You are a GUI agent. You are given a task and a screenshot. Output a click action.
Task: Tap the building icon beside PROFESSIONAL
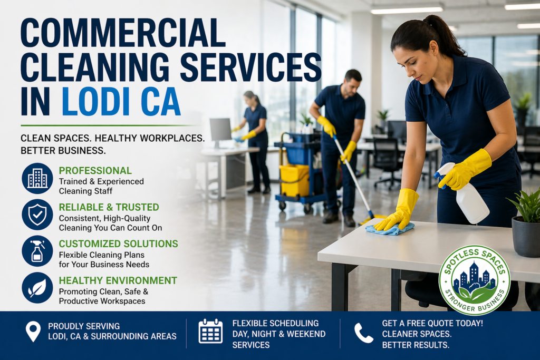coord(37,178)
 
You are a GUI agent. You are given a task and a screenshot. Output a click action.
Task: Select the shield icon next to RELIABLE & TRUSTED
coord(37,215)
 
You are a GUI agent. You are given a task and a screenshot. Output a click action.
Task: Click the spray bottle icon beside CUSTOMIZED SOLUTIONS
coord(37,251)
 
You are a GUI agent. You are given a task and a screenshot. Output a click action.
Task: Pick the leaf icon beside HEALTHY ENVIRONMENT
coord(37,287)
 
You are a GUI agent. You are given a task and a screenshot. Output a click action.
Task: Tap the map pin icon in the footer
coord(33,331)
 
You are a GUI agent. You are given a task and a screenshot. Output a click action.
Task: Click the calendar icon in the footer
coord(210,331)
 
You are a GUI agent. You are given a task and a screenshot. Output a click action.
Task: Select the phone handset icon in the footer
coord(363,333)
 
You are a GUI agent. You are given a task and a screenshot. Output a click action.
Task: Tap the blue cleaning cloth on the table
coord(390,228)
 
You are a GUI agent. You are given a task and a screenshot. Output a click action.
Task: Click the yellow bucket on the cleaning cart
coord(294,180)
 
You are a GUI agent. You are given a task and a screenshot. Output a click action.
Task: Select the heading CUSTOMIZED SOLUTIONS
coord(118,244)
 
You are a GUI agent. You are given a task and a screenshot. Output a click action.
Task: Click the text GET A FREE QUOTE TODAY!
coord(432,323)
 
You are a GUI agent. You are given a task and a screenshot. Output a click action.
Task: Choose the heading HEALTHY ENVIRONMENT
coord(118,280)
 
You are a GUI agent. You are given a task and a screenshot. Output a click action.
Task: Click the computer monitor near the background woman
coord(220,130)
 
